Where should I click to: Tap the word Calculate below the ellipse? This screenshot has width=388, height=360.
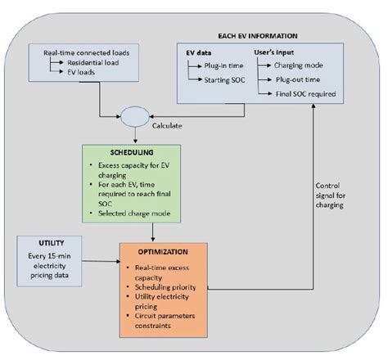[170, 127]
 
